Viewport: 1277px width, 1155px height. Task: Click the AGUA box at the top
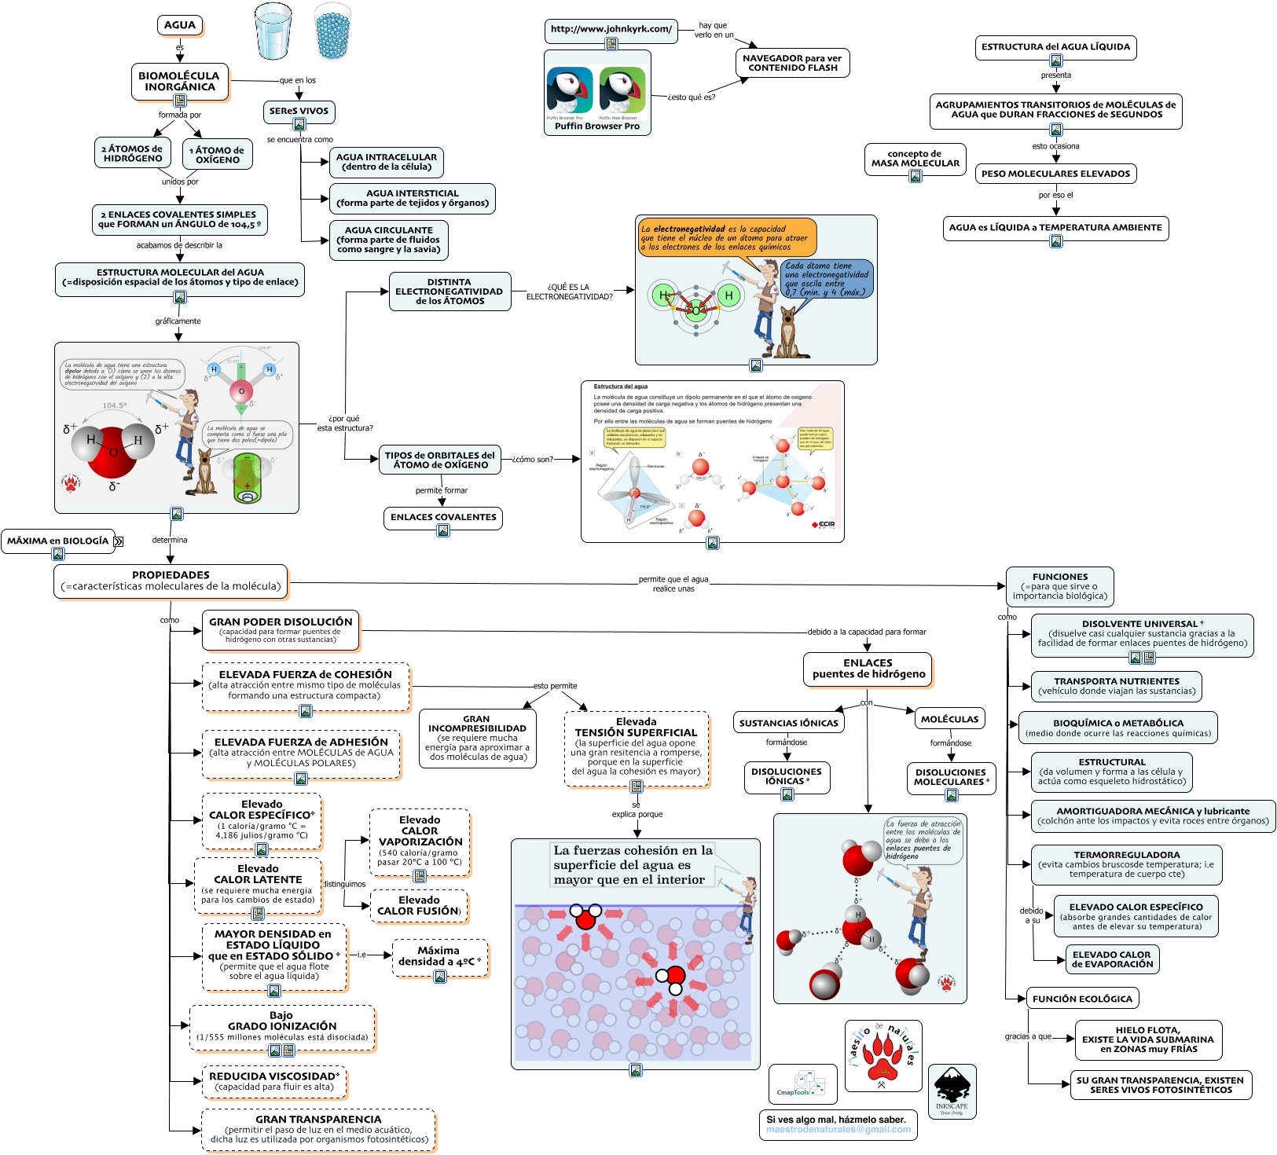point(180,25)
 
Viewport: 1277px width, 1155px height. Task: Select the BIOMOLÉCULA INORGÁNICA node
point(179,81)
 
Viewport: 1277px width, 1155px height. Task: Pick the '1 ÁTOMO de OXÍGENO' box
point(218,154)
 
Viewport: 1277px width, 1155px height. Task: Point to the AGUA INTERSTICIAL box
point(412,198)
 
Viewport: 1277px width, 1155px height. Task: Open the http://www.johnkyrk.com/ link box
point(611,30)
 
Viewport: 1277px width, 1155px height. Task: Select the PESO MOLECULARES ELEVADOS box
point(1055,174)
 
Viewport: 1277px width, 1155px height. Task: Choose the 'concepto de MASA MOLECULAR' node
point(915,159)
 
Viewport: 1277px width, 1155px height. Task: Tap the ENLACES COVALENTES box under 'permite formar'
point(443,517)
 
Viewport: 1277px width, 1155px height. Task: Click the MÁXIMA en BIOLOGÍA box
point(57,541)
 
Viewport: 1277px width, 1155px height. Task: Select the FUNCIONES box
point(1059,586)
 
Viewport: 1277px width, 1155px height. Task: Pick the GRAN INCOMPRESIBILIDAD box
point(477,738)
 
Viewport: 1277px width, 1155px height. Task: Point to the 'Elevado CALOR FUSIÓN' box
point(419,906)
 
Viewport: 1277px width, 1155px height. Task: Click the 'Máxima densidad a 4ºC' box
point(440,956)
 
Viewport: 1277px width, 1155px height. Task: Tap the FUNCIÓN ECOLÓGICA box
point(1082,999)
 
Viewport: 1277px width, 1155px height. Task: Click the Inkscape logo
point(952,1091)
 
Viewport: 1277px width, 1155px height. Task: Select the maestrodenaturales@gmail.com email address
point(838,1130)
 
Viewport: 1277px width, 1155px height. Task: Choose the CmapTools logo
point(802,1084)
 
